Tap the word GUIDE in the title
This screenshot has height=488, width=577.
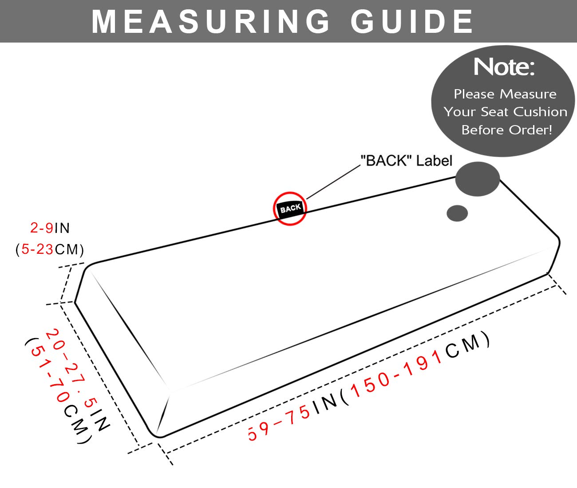point(412,21)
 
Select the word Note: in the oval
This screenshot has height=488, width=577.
point(504,67)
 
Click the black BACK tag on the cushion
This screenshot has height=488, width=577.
point(290,209)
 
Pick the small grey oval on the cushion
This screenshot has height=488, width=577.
point(457,213)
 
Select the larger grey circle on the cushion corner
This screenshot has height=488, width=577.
point(478,179)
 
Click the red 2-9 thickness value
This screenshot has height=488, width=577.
point(42,228)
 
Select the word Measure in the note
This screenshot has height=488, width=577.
point(528,94)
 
